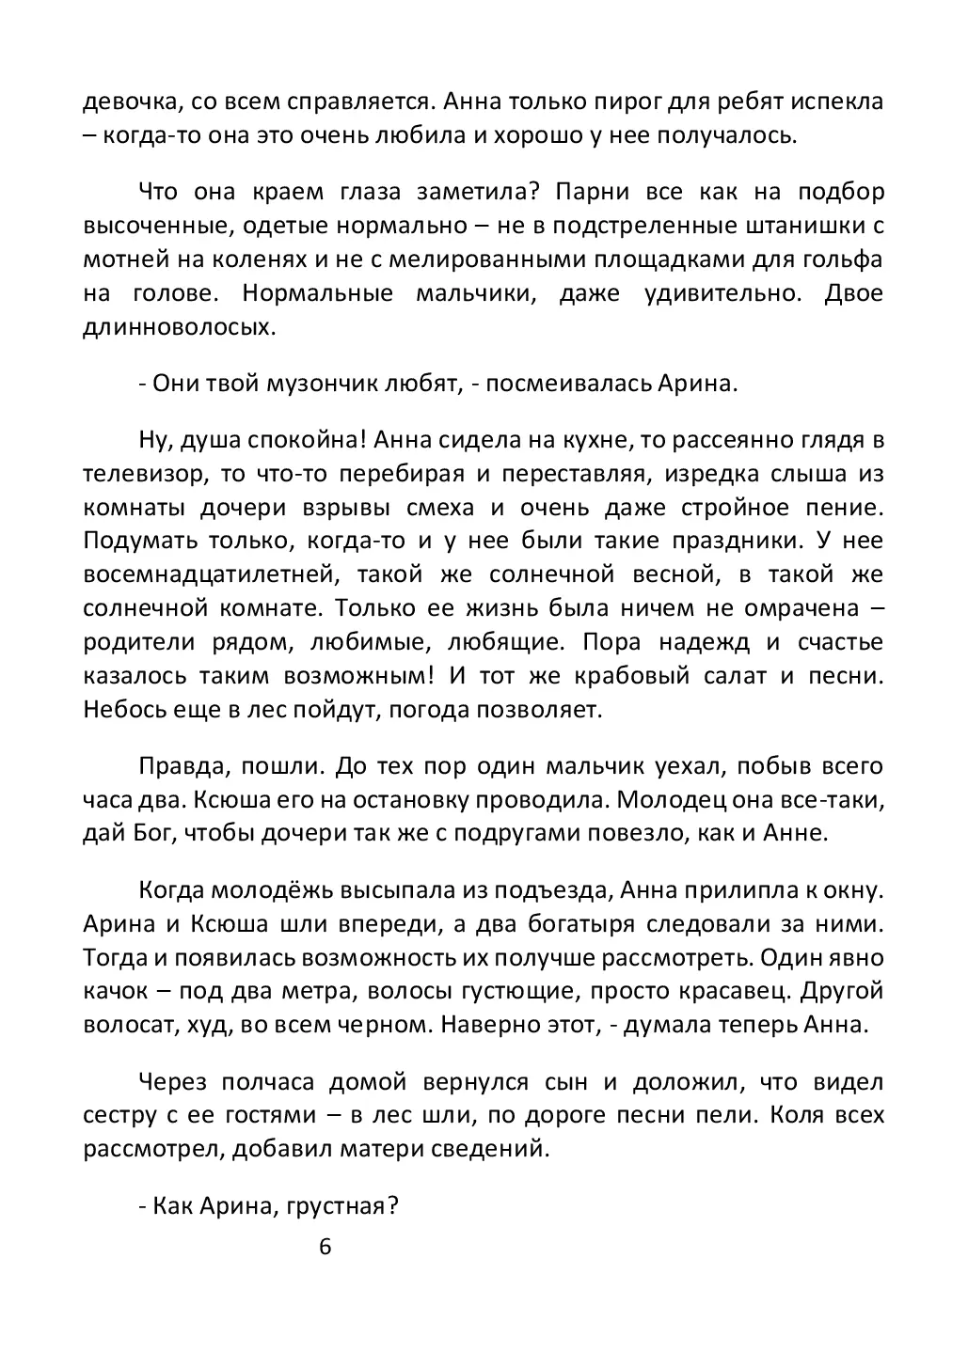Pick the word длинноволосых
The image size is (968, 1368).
pos(180,327)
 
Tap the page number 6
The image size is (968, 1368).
pos(325,1248)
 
